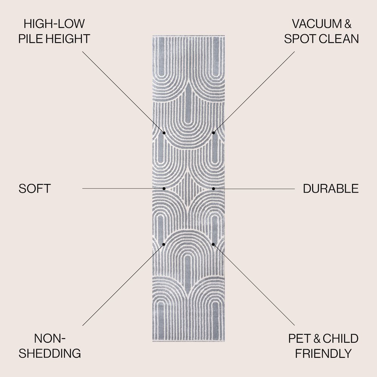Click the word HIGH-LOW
(x=54, y=23)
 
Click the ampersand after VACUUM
(x=348, y=23)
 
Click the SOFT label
(x=35, y=188)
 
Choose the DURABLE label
(x=331, y=188)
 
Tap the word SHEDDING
(x=50, y=353)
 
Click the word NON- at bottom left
(x=50, y=338)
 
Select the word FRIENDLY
(x=323, y=353)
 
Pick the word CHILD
(x=340, y=338)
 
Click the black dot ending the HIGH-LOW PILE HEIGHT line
(x=164, y=133)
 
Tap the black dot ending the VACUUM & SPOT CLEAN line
(x=213, y=133)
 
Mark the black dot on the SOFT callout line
(x=164, y=188)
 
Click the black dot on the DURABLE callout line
(x=213, y=189)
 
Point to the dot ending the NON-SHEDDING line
(x=164, y=244)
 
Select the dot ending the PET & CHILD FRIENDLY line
(x=213, y=244)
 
